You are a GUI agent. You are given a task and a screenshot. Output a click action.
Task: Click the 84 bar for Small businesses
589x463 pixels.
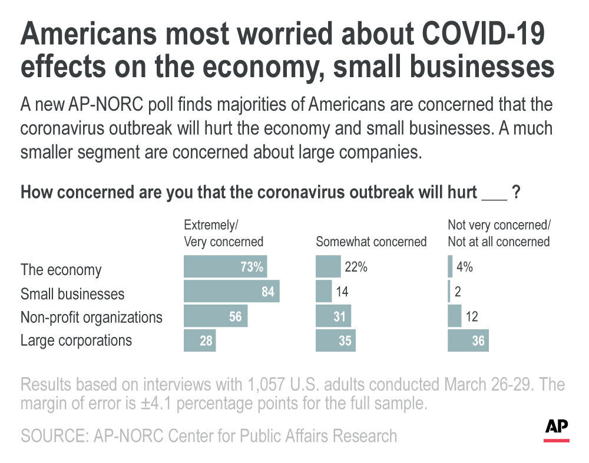pyautogui.click(x=231, y=292)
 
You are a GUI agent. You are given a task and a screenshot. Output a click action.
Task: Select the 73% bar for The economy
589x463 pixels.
pyautogui.click(x=226, y=267)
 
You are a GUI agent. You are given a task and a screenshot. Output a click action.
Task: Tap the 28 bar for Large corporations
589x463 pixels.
pyautogui.click(x=200, y=340)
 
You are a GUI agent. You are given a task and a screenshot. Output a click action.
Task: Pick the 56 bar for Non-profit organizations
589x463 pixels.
pyautogui.click(x=216, y=316)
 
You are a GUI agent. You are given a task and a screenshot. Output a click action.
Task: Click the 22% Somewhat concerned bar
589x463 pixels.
pyautogui.click(x=328, y=267)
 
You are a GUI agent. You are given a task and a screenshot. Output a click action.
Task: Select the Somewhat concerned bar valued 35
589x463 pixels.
pyautogui.click(x=336, y=340)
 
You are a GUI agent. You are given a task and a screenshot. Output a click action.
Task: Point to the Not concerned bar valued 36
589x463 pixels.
pyautogui.click(x=468, y=340)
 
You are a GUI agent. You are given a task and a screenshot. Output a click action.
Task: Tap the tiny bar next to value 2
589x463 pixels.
pyautogui.click(x=449, y=292)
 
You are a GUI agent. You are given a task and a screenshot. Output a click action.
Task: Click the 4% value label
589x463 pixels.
pyautogui.click(x=465, y=267)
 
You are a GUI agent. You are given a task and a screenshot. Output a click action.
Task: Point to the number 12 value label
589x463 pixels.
pyautogui.click(x=471, y=316)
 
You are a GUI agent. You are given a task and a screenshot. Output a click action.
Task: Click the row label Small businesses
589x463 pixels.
pyautogui.click(x=72, y=293)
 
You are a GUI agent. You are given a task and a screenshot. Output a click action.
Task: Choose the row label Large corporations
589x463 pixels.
pyautogui.click(x=77, y=340)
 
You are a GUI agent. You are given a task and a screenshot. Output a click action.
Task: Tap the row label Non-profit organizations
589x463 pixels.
pyautogui.click(x=91, y=317)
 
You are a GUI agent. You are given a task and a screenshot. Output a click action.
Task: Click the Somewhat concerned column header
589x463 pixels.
pyautogui.click(x=371, y=242)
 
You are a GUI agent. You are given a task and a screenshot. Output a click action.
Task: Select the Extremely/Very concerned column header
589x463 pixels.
pyautogui.click(x=223, y=233)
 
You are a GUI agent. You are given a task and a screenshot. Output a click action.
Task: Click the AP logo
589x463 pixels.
pyautogui.click(x=557, y=428)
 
